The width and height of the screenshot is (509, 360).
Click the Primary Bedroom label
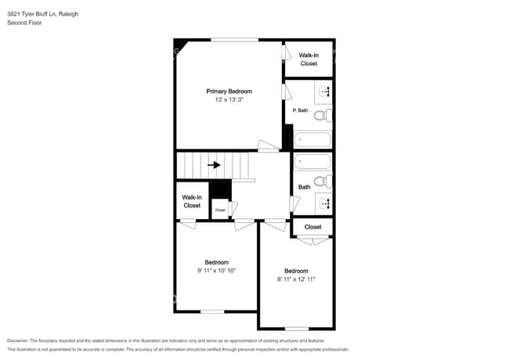(x=229, y=92)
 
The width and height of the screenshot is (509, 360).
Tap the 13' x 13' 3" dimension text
(x=229, y=100)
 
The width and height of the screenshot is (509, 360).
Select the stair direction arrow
(x=215, y=165)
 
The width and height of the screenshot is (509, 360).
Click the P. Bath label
(x=300, y=110)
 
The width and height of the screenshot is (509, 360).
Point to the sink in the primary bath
(x=324, y=92)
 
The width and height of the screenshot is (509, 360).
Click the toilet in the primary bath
(x=323, y=116)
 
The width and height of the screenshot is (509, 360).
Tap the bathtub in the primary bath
(x=312, y=140)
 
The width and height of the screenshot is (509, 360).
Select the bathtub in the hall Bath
(x=312, y=161)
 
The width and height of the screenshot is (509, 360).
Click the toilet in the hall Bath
(x=323, y=182)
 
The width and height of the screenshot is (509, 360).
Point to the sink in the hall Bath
(x=324, y=203)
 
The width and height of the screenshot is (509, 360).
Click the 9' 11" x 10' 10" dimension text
(x=216, y=271)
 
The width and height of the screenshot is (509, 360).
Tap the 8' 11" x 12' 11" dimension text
(x=296, y=279)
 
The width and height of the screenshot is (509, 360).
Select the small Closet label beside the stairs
(x=220, y=211)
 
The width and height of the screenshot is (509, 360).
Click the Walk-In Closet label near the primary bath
(x=309, y=59)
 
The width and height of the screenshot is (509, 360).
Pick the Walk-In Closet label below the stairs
(x=192, y=201)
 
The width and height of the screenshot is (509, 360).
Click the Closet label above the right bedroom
(x=313, y=227)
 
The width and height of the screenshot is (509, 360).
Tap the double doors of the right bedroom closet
(x=313, y=241)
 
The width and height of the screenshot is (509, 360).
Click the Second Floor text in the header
(x=24, y=23)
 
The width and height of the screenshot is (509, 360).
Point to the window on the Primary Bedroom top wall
(x=235, y=40)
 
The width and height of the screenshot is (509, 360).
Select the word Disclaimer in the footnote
(x=18, y=341)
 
